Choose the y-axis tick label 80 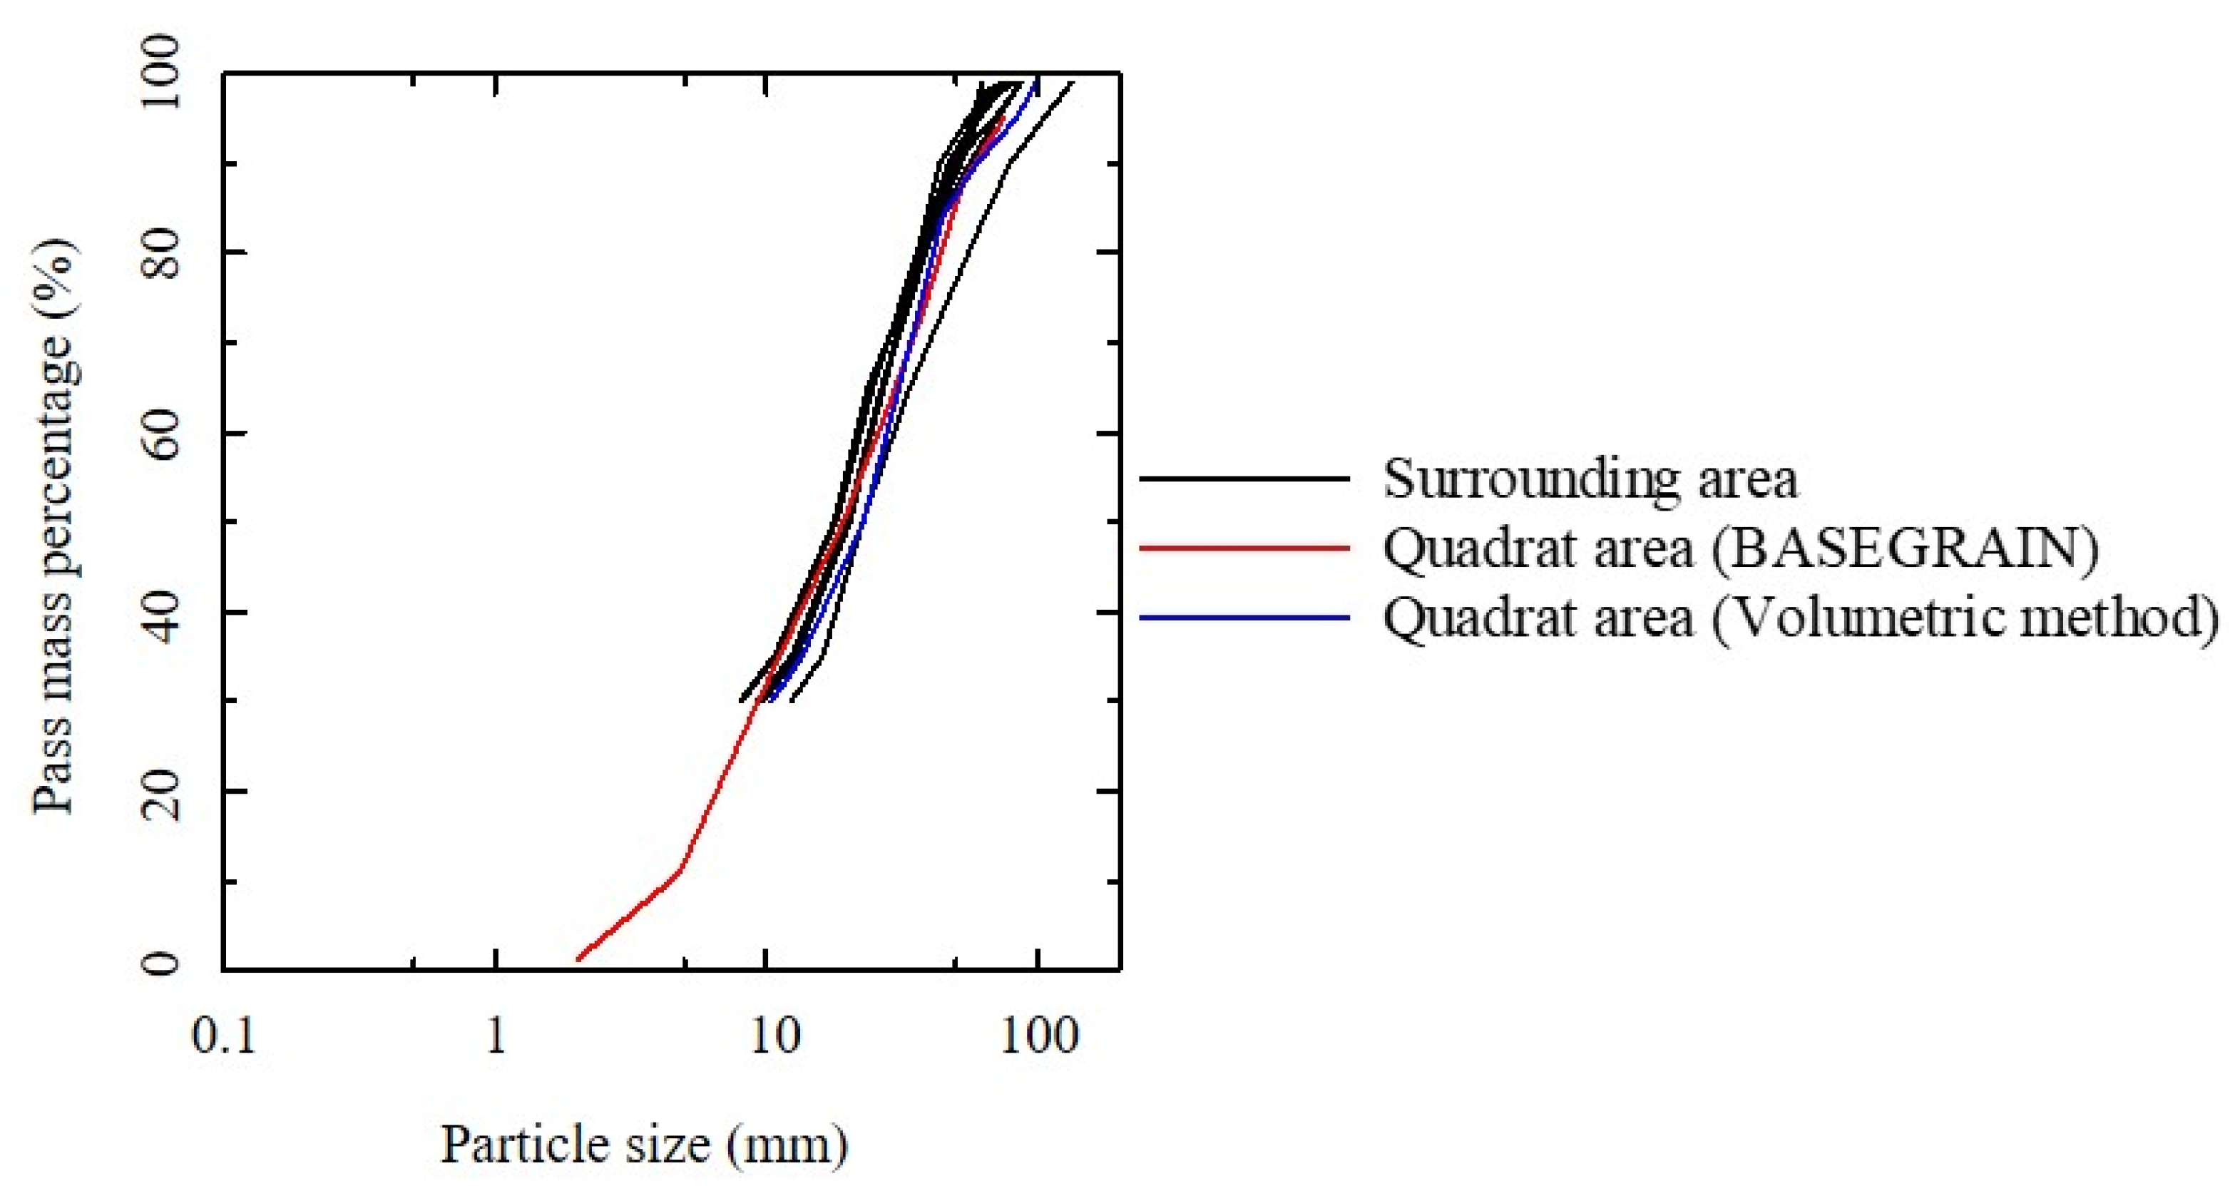(x=161, y=254)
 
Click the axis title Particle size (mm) (x=644, y=1145)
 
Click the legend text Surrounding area (x=1590, y=479)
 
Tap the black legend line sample (x=1244, y=479)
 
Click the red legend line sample (x=1244, y=548)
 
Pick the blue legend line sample (x=1244, y=618)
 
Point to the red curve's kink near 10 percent (x=680, y=869)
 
